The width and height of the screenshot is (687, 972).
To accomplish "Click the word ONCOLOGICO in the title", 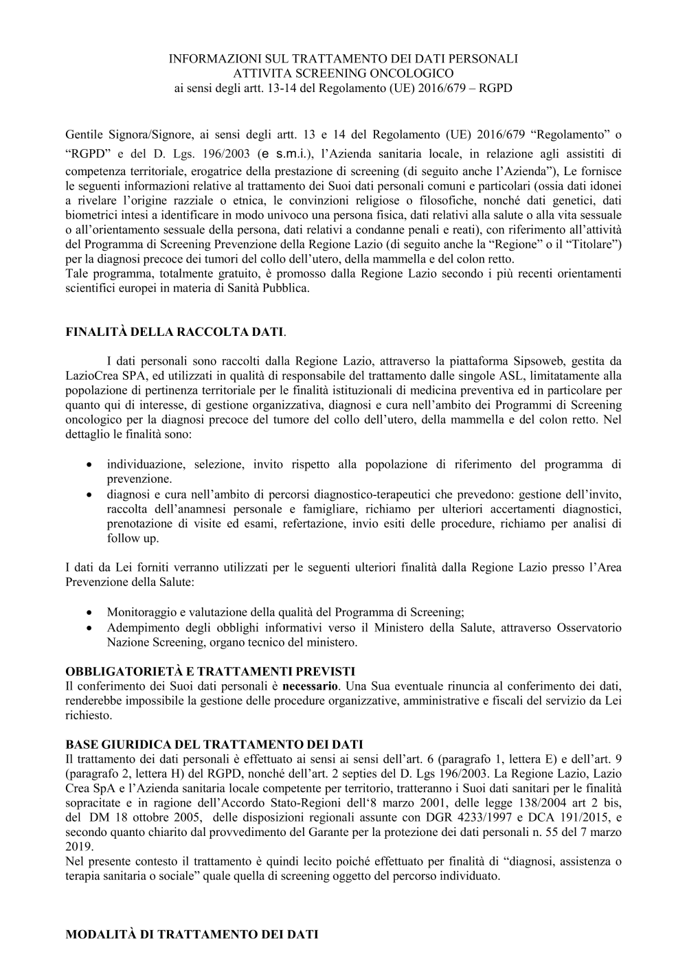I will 414,74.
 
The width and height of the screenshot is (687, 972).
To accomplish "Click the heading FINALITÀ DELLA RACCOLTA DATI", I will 174,332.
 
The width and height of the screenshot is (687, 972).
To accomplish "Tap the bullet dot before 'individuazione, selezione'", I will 89,465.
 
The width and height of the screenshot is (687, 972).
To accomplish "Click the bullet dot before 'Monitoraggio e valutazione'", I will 89,612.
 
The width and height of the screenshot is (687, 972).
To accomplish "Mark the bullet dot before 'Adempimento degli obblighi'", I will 89,628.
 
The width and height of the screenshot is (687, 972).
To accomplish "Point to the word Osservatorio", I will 589,627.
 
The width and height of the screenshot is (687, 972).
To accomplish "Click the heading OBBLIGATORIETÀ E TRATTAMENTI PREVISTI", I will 210,671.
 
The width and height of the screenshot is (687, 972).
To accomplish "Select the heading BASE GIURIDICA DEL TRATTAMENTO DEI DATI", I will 214,744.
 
